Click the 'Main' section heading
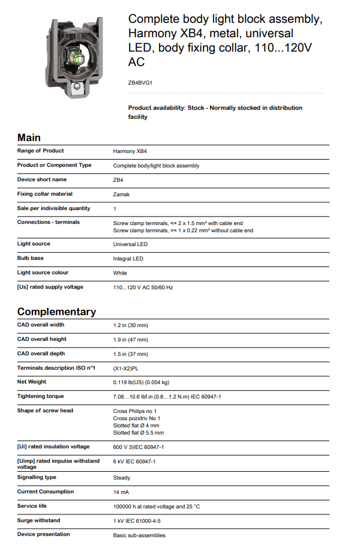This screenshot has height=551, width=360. click(x=29, y=137)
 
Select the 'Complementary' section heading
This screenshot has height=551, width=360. click(x=56, y=312)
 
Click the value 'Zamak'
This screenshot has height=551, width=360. click(x=121, y=194)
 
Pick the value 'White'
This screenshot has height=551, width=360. click(x=121, y=273)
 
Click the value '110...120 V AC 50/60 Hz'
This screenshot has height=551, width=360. click(x=143, y=288)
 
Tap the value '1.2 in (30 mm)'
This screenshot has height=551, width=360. click(x=130, y=325)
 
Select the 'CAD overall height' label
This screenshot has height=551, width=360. click(x=41, y=339)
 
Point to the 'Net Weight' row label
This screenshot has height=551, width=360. click(x=32, y=382)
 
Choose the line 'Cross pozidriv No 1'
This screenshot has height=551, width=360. click(x=137, y=418)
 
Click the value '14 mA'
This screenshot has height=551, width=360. click(x=121, y=492)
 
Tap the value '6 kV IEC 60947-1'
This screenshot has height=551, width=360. click(x=134, y=462)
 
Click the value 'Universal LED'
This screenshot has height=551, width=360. click(x=130, y=244)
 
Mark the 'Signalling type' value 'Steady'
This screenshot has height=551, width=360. click(x=122, y=478)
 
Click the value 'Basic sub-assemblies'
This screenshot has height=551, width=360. click(x=139, y=535)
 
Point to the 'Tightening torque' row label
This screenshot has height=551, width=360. click(x=40, y=396)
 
